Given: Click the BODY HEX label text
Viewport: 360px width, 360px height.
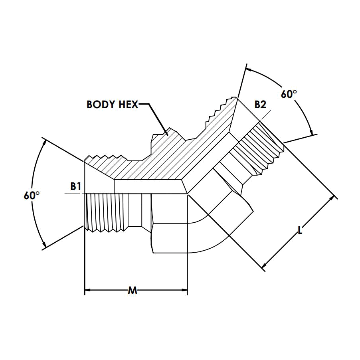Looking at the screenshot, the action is (112, 105).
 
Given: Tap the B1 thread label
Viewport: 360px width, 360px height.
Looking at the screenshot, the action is (76, 186).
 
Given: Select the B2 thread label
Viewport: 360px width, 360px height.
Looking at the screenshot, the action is (260, 105).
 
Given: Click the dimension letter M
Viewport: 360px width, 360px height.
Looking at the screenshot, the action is (133, 291).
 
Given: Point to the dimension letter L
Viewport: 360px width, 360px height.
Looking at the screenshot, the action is (300, 230).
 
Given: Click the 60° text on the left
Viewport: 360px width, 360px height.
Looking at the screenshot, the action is (32, 196).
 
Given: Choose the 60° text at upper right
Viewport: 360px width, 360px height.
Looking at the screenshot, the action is (289, 94).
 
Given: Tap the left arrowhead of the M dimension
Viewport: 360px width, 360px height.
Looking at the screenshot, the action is (88, 290).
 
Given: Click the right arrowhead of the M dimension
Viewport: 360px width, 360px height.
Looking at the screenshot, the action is (184, 290).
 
